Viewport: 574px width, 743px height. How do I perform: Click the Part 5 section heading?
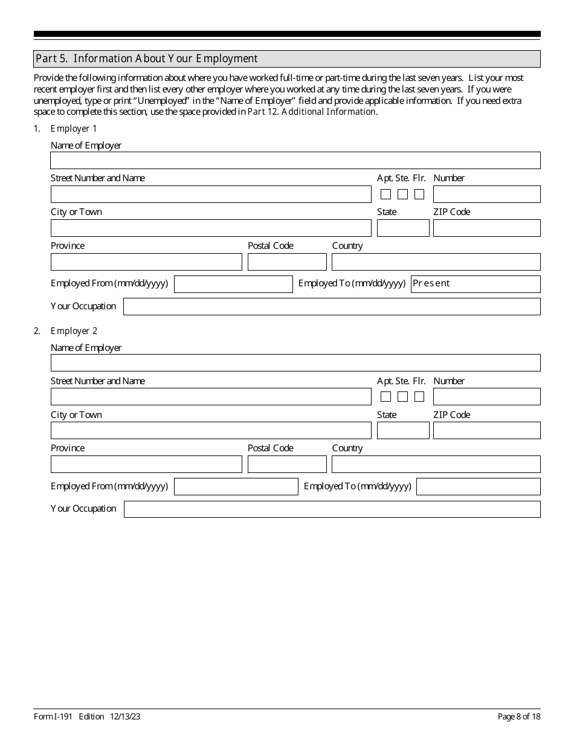(147, 59)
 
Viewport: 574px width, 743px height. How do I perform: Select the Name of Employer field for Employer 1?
(295, 161)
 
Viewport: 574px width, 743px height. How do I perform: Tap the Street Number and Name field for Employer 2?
(211, 397)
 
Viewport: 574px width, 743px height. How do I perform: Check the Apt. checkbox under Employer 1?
(385, 195)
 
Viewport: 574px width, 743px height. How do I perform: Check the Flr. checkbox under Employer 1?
(419, 195)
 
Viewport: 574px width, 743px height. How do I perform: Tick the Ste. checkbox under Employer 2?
(402, 397)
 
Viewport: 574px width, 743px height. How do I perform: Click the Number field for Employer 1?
(486, 195)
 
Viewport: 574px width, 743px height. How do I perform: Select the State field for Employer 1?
(403, 228)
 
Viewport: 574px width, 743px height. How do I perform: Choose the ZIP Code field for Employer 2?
(486, 431)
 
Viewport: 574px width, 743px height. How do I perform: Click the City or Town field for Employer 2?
(211, 431)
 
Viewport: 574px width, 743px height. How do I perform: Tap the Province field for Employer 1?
(146, 262)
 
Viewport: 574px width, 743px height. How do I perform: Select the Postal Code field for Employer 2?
(287, 465)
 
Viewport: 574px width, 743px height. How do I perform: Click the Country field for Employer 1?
(436, 262)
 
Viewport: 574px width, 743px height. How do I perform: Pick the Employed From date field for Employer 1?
(233, 285)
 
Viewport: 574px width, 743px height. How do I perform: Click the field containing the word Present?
(476, 284)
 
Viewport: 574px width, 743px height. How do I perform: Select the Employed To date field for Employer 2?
(479, 487)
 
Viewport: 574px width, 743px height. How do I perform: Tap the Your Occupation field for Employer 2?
(332, 509)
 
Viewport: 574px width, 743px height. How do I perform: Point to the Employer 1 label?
(74, 129)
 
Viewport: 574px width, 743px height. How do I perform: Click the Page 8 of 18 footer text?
(518, 717)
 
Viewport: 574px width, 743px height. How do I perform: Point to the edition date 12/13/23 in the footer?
(125, 717)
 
